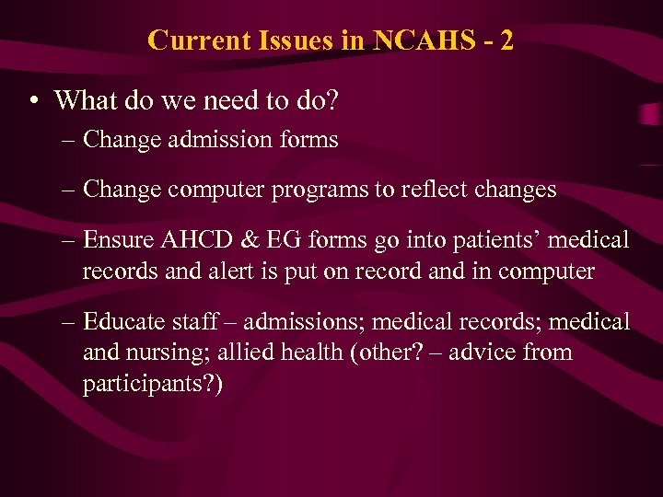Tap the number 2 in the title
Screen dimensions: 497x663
[506, 40]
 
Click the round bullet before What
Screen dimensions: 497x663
[33, 100]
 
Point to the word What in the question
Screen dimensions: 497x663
[85, 99]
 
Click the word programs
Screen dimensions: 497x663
[316, 191]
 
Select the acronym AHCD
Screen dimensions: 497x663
[192, 240]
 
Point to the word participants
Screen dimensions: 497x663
[139, 384]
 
